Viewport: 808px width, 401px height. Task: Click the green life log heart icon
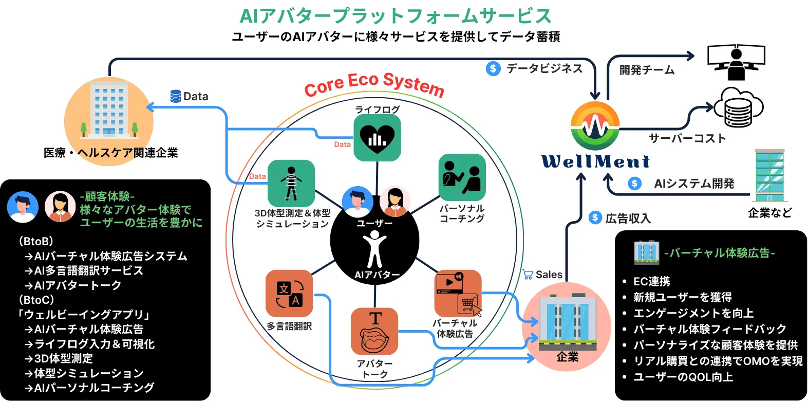click(377, 137)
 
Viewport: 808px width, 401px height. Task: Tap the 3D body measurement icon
click(291, 183)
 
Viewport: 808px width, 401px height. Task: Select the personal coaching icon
click(462, 177)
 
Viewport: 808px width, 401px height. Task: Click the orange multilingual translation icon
click(289, 294)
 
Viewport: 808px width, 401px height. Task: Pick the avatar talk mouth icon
click(374, 332)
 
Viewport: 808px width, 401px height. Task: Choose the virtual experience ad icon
click(458, 294)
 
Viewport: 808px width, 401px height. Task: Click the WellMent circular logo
click(595, 126)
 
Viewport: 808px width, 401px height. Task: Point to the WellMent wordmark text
click(595, 161)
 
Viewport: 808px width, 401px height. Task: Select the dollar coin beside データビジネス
click(493, 68)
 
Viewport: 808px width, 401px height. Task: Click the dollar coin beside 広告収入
click(595, 217)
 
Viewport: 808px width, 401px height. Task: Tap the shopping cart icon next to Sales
click(528, 275)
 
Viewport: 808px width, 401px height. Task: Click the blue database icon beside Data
click(176, 96)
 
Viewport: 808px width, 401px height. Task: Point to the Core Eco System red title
click(374, 84)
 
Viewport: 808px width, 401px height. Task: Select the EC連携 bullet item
click(651, 281)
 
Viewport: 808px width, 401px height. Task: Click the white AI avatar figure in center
click(374, 248)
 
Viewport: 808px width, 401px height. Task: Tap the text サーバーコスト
click(687, 138)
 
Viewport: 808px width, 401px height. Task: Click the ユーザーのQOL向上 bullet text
click(683, 377)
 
